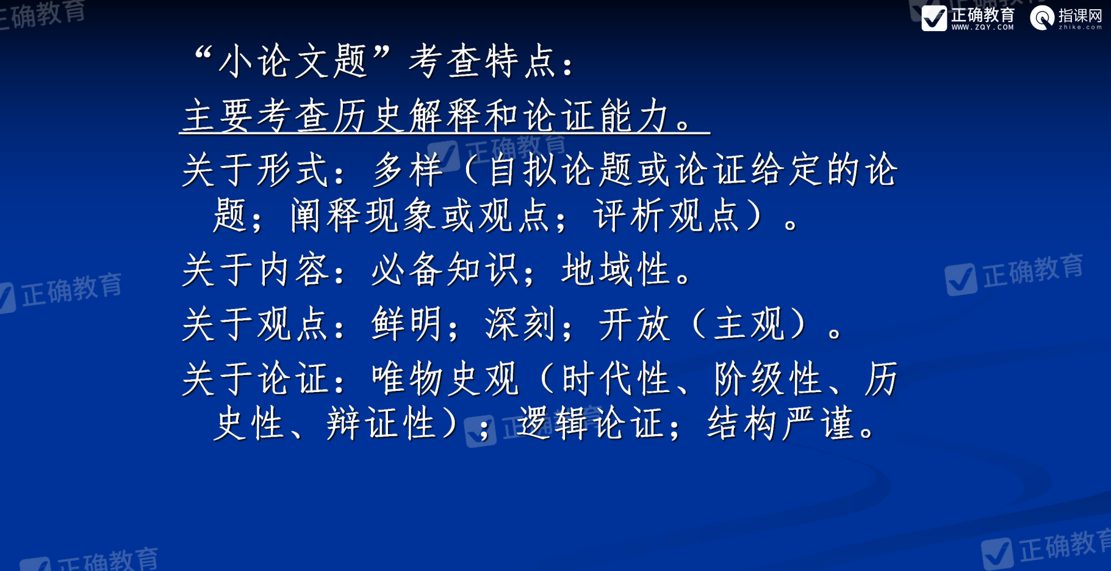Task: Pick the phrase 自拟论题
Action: point(559,170)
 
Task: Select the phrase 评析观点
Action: point(667,216)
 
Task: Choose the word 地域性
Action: point(617,270)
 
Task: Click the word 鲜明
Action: point(408,324)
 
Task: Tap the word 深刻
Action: point(521,324)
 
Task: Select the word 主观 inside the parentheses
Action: point(749,324)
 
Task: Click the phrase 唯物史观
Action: point(445,379)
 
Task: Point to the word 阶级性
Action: point(769,379)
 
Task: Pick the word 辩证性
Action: point(381,424)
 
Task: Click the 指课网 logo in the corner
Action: point(1066,18)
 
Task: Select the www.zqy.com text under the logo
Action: point(982,27)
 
